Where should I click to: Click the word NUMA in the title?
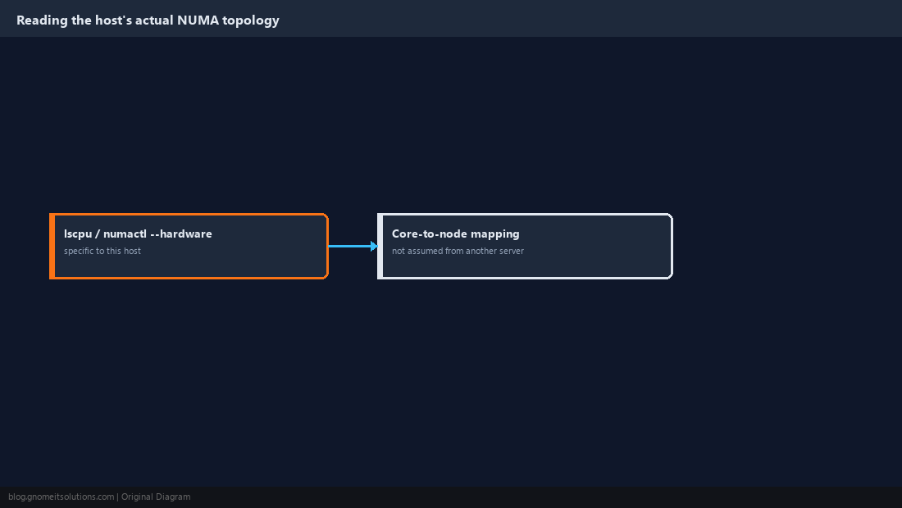point(198,20)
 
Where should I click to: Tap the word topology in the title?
point(251,21)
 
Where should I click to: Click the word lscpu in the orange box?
point(78,234)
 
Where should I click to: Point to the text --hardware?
point(180,234)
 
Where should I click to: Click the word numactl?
point(125,234)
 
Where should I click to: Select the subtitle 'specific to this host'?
point(102,251)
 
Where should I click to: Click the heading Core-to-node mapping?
point(456,234)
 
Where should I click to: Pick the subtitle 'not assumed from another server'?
point(458,251)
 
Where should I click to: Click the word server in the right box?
point(511,252)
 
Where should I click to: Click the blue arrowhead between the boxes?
point(374,246)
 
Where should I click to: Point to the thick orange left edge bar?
point(52,246)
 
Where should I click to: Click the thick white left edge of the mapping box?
point(380,246)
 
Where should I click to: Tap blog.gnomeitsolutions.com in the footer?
point(61,497)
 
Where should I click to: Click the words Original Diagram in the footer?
point(156,497)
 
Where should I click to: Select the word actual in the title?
point(154,20)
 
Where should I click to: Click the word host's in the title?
point(112,20)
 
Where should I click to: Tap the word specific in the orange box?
point(77,251)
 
